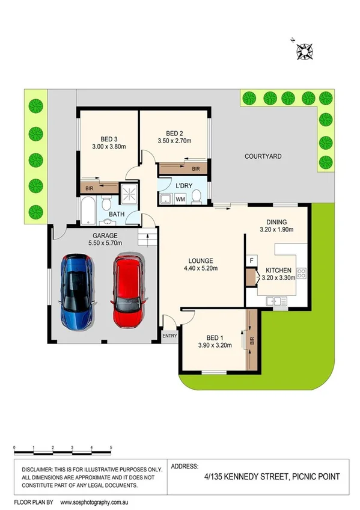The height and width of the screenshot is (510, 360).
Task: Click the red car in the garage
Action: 127,292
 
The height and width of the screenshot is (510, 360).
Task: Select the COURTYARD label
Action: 263,156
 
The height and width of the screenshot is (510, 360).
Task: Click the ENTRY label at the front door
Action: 169,336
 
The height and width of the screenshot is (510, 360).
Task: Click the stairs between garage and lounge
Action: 146,239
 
